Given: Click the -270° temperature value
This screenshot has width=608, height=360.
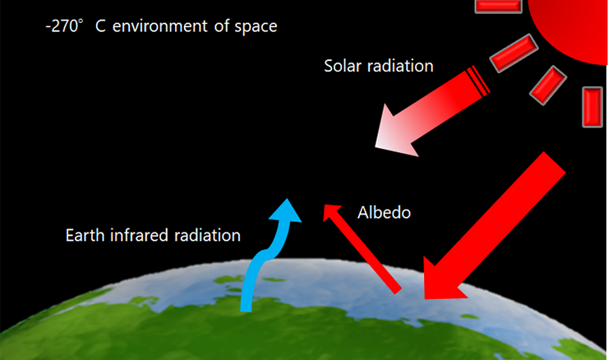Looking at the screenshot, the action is pos(64,26).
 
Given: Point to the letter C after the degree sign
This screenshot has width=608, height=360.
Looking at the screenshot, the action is pos(100,26).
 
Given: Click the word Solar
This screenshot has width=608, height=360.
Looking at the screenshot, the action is pos(343,66).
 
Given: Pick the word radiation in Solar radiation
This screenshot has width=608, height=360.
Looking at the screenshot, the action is pos(400,66).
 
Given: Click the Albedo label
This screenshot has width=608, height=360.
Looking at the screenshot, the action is pos(384,212).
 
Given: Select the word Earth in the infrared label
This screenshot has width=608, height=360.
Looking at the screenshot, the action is pos(85,235).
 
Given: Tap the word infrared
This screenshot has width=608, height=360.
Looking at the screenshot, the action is pos(139,235).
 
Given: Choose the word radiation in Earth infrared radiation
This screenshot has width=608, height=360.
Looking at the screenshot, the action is pos(207,235).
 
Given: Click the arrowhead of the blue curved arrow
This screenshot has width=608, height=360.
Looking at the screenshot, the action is pos(286,210).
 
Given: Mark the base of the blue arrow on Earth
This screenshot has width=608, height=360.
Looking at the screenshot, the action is pos(246,308).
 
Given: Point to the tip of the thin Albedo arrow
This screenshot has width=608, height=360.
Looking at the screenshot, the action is pos(325,205).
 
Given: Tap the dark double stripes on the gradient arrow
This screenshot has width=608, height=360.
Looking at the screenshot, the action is pos(477,81).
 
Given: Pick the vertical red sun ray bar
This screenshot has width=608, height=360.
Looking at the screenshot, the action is pos(592,107).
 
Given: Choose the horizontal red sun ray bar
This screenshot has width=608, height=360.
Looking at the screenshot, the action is pos(498,6).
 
